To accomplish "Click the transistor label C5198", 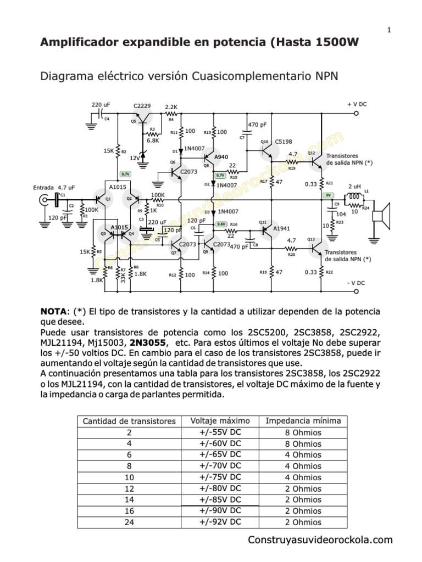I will [x=284, y=141].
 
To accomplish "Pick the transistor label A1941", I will [x=281, y=228].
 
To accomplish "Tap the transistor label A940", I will [x=221, y=157].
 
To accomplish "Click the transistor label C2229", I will [x=142, y=105].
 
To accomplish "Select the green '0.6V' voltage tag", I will [x=221, y=224].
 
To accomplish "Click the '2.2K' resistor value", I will [x=171, y=107].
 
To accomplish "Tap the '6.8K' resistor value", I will [x=153, y=140].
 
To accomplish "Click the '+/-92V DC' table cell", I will [x=220, y=521].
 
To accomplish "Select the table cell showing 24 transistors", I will [x=129, y=522].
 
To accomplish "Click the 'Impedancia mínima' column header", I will [x=303, y=421].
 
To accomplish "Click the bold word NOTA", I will [x=54, y=312].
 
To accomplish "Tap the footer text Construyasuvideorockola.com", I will [x=320, y=540].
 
